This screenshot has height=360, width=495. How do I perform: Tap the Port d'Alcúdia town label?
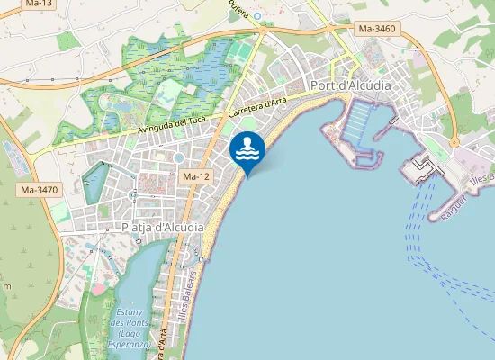[350, 86]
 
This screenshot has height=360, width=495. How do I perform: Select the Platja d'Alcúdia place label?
[162, 228]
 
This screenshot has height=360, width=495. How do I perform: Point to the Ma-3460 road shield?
[377, 29]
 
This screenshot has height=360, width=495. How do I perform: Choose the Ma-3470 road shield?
[37, 190]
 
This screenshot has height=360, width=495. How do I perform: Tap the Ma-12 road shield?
[196, 176]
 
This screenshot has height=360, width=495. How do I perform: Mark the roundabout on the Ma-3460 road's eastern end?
[454, 142]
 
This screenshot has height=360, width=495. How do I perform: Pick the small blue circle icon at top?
[257, 16]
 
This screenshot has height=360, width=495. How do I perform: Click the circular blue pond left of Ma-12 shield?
[178, 158]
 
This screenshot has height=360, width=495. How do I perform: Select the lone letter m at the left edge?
[6, 285]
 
